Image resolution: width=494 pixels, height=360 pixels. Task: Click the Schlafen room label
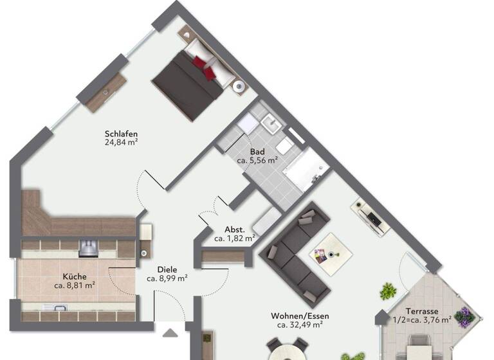click(x=122, y=134)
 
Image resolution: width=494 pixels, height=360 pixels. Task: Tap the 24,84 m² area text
click(x=122, y=143)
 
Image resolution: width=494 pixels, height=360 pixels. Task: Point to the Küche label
click(x=75, y=276)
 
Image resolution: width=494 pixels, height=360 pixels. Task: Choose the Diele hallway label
click(x=167, y=270)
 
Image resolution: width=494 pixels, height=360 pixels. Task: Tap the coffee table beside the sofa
click(x=330, y=253)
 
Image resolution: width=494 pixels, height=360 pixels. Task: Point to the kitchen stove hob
click(x=88, y=247)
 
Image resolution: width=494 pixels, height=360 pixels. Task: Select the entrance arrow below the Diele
click(x=170, y=333)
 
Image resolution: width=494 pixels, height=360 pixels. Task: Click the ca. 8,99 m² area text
click(x=167, y=279)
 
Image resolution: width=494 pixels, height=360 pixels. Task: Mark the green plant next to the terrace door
click(x=387, y=291)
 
